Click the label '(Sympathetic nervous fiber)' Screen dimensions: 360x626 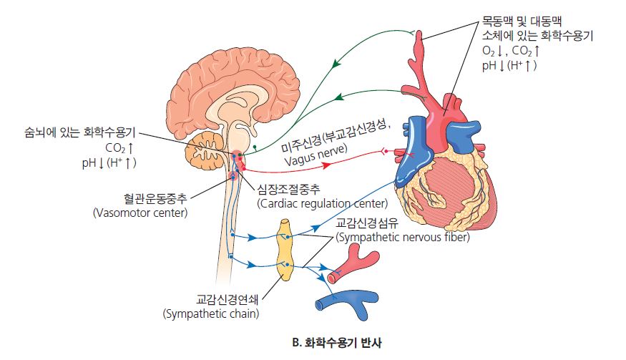402,237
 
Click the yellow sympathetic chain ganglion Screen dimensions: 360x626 285,250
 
